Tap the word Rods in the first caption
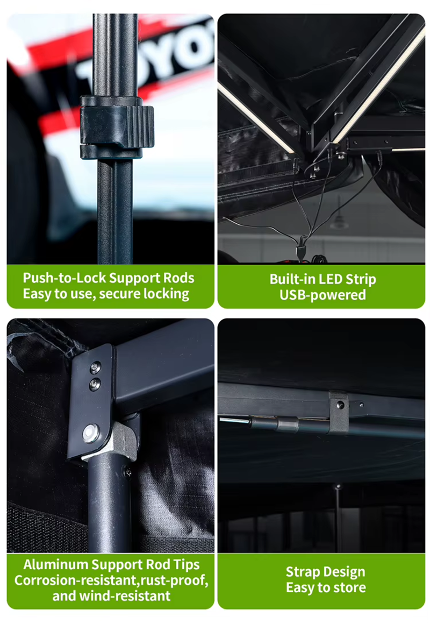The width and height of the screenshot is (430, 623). click(x=180, y=278)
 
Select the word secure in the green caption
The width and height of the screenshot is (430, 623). click(x=119, y=294)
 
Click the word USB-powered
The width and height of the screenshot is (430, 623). click(x=322, y=295)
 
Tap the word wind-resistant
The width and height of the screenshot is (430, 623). click(x=125, y=596)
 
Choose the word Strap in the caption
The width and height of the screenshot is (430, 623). click(x=300, y=572)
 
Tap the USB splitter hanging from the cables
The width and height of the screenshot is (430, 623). click(x=301, y=253)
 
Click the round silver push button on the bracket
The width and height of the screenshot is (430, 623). click(x=91, y=433)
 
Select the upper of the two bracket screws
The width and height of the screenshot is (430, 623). click(x=95, y=367)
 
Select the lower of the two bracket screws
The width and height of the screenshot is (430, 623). click(x=95, y=384)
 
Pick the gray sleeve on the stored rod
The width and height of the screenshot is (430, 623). click(x=287, y=424)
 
